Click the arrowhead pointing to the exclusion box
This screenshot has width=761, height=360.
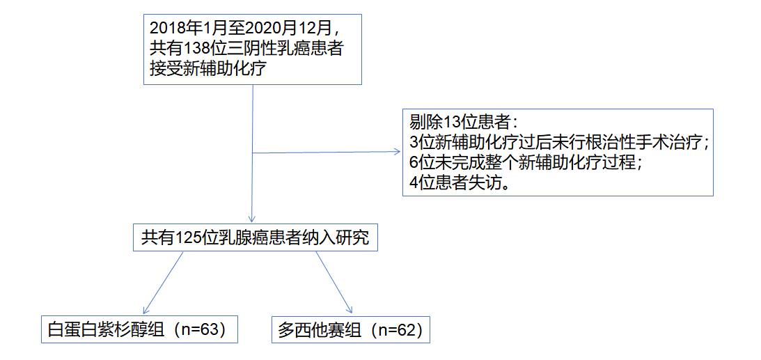click(398, 152)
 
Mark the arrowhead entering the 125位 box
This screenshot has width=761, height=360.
click(251, 219)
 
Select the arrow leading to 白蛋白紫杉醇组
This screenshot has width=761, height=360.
click(163, 282)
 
